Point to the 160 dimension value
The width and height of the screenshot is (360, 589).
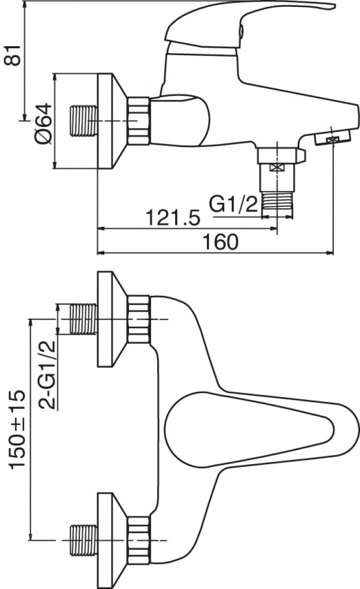point(221,242)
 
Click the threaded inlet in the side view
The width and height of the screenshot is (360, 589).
point(84,121)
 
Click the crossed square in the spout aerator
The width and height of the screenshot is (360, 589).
point(333,140)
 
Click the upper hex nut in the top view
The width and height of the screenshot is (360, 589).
point(139,319)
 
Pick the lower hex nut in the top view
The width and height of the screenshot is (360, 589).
point(139,541)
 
